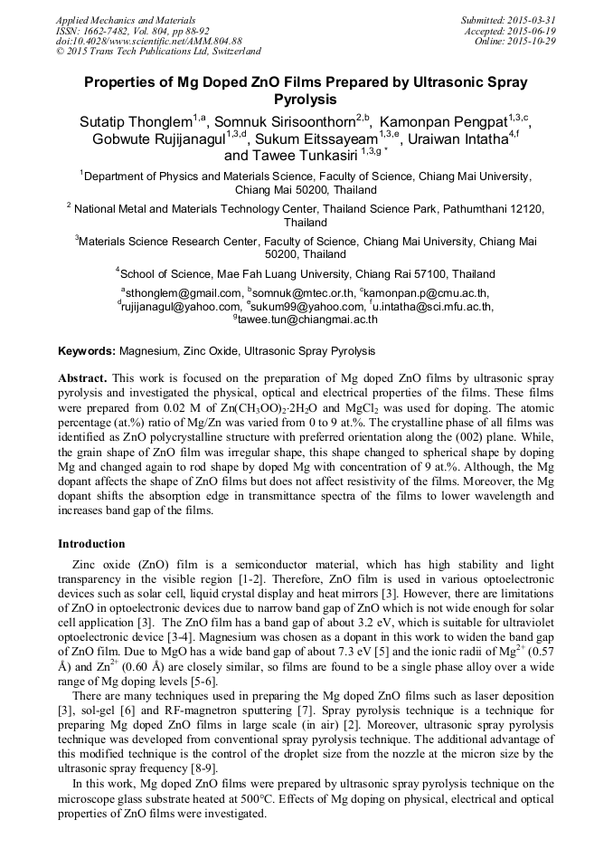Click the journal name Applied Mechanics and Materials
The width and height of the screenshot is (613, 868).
(114, 19)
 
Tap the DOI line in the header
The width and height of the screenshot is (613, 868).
(148, 41)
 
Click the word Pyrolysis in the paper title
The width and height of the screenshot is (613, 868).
(306, 100)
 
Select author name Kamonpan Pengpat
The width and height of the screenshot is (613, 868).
(443, 120)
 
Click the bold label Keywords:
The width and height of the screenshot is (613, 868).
(87, 350)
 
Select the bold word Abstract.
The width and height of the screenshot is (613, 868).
(82, 377)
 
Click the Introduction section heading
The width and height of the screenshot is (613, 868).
(91, 544)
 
